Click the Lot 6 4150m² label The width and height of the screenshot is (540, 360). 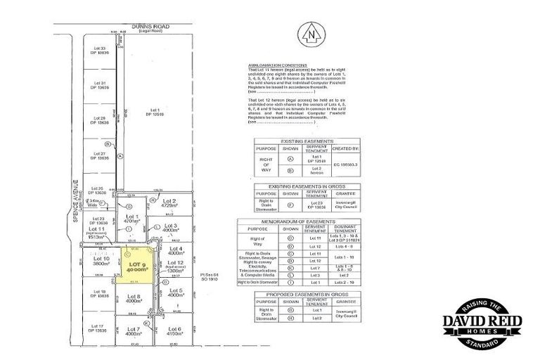pyautogui.click(x=174, y=331)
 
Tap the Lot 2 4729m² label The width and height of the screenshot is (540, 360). pyautogui.click(x=169, y=204)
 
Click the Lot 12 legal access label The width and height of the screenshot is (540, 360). pyautogui.click(x=176, y=265)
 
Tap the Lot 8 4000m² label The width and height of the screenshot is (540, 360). pyautogui.click(x=134, y=298)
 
